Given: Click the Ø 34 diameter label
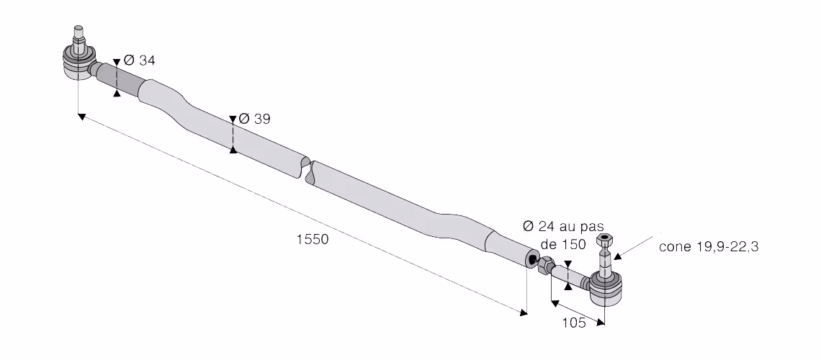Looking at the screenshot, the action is (x=139, y=60).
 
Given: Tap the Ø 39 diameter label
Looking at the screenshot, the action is (x=254, y=120).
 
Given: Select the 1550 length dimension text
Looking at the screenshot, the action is (x=313, y=239).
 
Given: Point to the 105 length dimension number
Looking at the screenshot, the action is (x=574, y=323).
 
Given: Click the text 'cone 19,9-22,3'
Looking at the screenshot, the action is (x=709, y=246).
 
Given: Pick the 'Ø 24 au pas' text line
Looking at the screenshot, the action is (x=563, y=227).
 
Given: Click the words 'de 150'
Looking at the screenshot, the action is (x=563, y=244).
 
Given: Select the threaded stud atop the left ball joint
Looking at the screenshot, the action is (x=78, y=39).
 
